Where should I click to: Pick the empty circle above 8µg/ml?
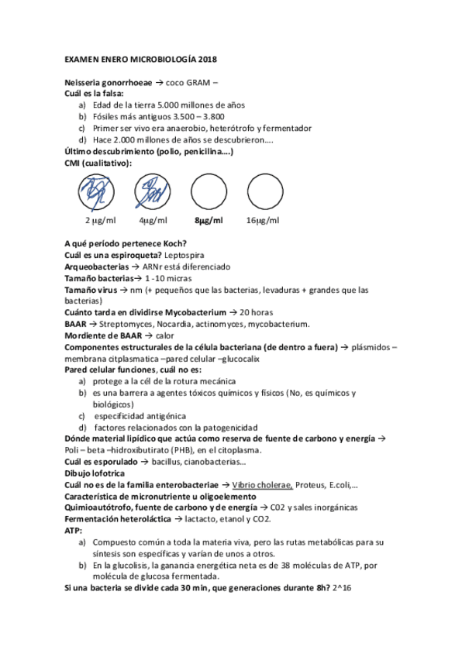(x=208, y=190)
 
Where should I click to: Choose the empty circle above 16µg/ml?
(x=264, y=190)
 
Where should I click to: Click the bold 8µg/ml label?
(x=208, y=221)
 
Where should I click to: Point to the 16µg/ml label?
(x=262, y=221)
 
